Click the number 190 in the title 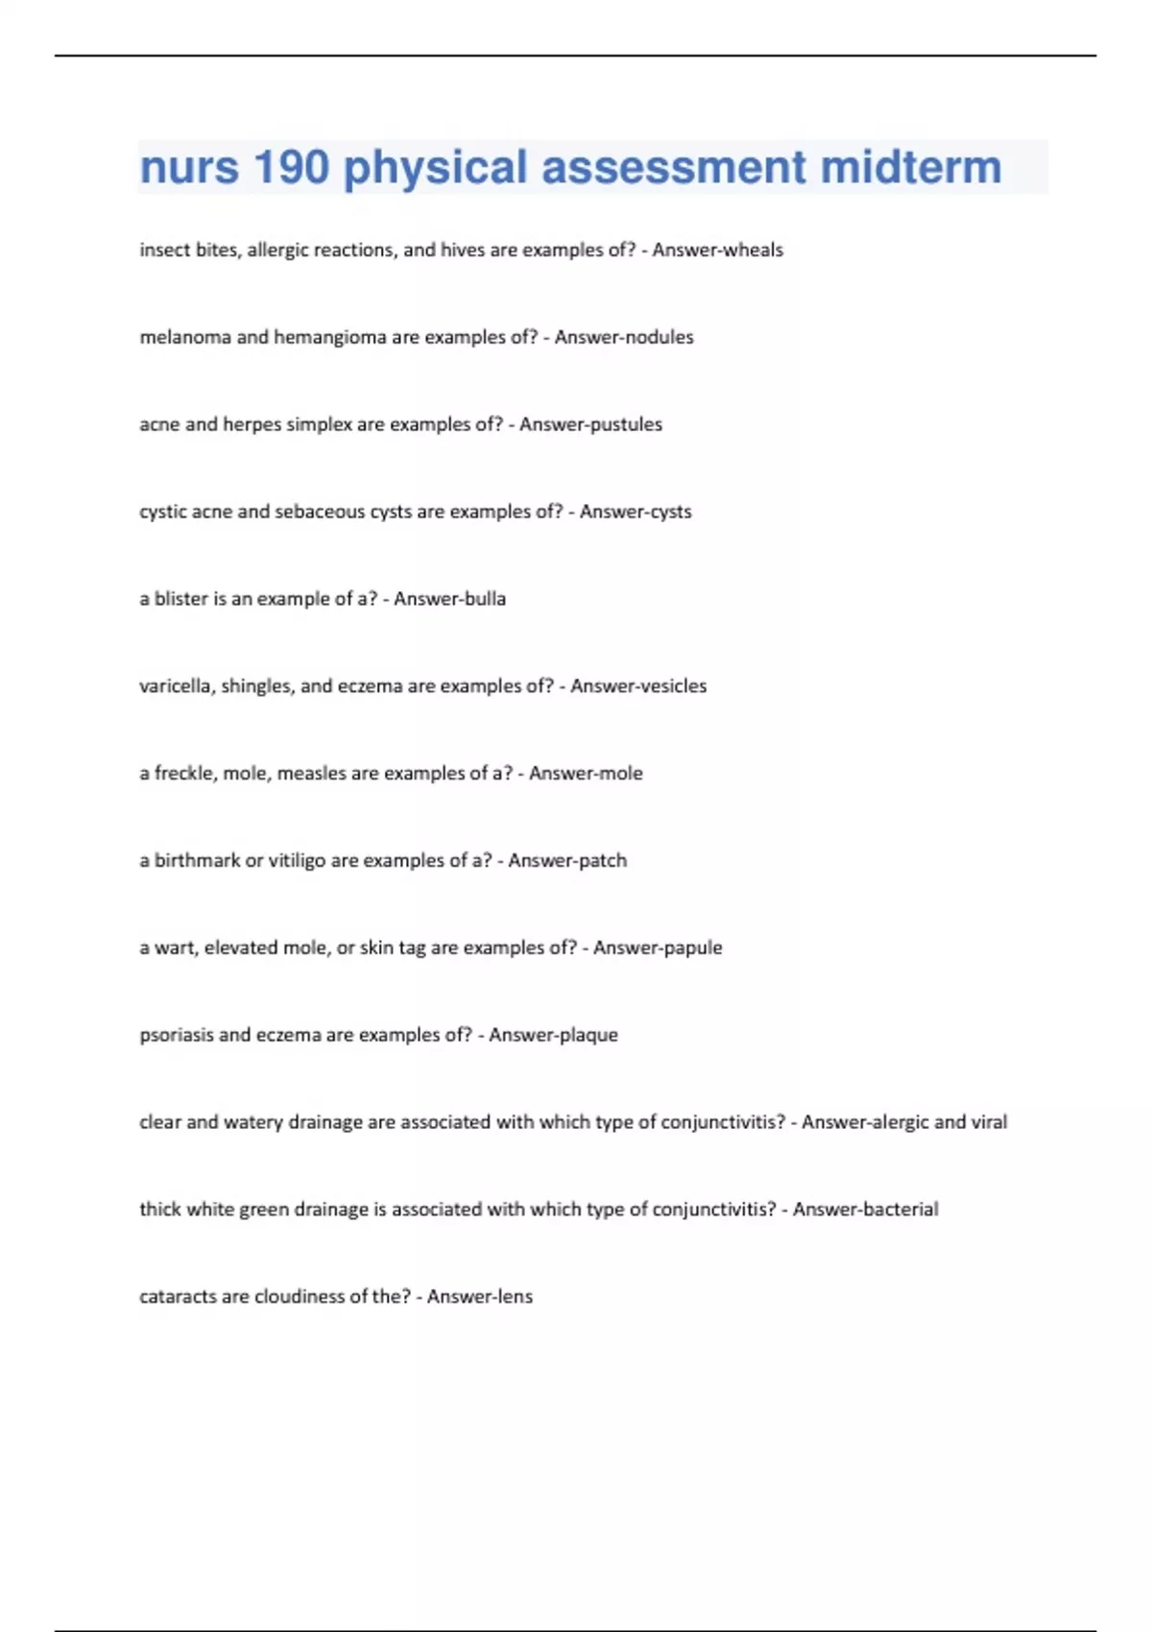click(x=291, y=167)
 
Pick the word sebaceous click(x=320, y=512)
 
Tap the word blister click(x=180, y=599)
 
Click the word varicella click(x=178, y=686)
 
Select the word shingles click(x=256, y=686)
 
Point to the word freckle click(x=182, y=774)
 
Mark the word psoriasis click(x=176, y=1036)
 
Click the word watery click(x=252, y=1123)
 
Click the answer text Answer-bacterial click(x=865, y=1210)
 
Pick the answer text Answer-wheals click(x=717, y=251)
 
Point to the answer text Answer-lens click(x=479, y=1297)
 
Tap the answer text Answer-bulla click(x=449, y=599)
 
